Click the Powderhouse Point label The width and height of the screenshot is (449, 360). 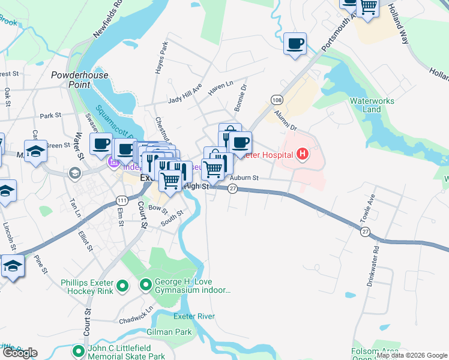pyautogui.click(x=80, y=80)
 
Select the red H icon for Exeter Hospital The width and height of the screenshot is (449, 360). pyautogui.click(x=303, y=155)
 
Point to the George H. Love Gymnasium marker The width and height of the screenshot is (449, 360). pyautogui.click(x=145, y=284)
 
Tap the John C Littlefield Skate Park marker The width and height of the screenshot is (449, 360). pyautogui.click(x=77, y=351)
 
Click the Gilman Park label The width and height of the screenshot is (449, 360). pyautogui.click(x=169, y=332)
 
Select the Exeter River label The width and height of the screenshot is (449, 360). pyautogui.click(x=194, y=316)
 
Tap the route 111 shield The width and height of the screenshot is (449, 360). pyautogui.click(x=122, y=200)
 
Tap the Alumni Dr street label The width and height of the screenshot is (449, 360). pyautogui.click(x=285, y=119)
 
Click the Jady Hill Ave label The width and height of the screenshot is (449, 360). pyautogui.click(x=185, y=94)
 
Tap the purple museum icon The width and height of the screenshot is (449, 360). pyautogui.click(x=113, y=162)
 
